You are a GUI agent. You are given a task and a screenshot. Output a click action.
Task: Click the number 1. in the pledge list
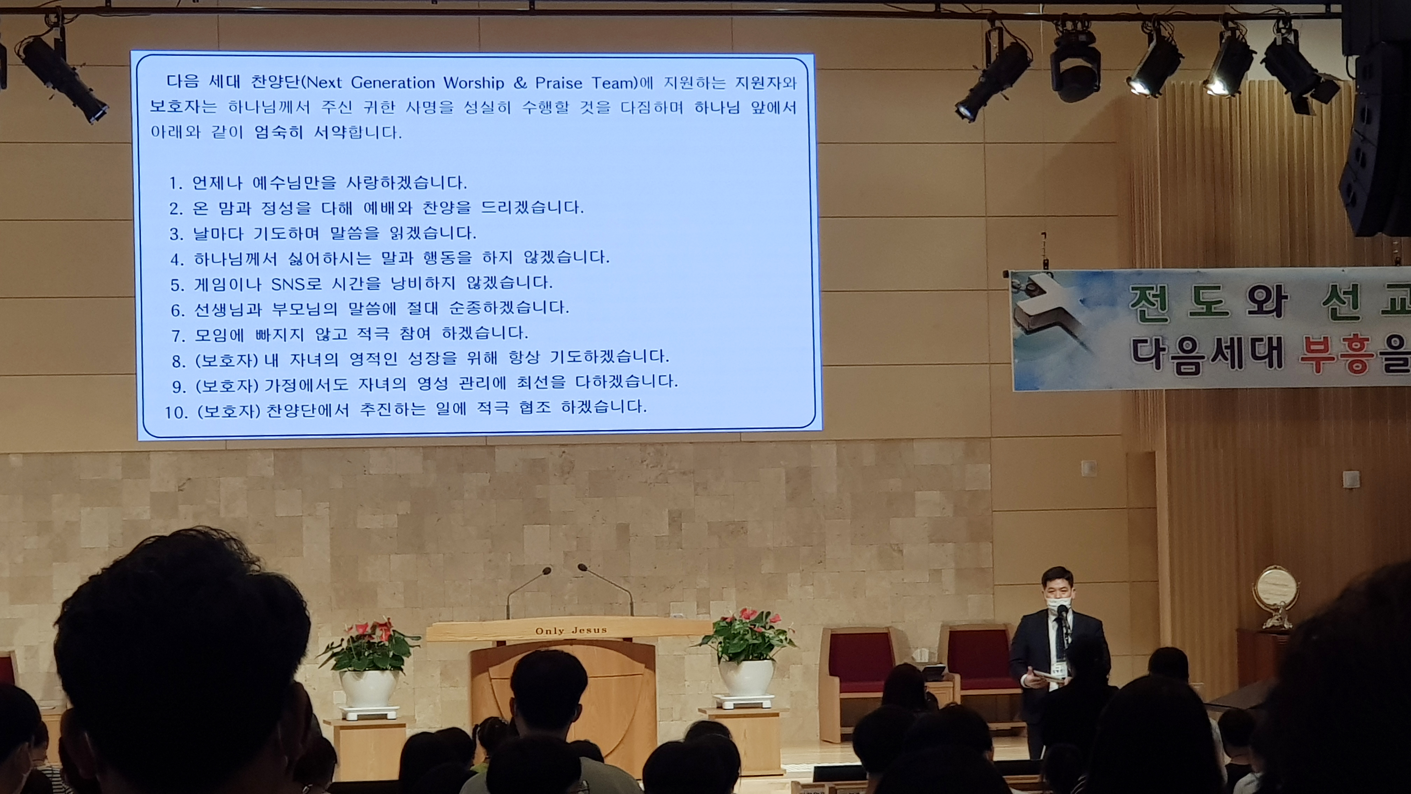[175, 183]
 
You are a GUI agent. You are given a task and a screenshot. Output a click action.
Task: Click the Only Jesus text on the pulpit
[571, 631]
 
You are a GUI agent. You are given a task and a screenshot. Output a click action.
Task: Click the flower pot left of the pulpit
[368, 689]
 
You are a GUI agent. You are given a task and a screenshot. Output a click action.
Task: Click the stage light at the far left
[61, 77]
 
